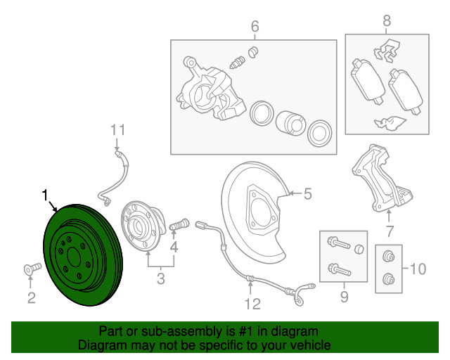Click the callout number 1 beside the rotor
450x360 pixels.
pyautogui.click(x=46, y=194)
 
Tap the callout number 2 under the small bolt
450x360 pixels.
pyautogui.click(x=31, y=298)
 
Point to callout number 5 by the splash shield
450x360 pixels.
pyautogui.click(x=307, y=194)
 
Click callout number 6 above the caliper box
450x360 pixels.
pyautogui.click(x=255, y=27)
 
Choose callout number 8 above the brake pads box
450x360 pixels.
pyautogui.click(x=386, y=21)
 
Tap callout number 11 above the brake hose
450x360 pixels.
pyautogui.click(x=117, y=129)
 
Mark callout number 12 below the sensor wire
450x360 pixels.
pyautogui.click(x=252, y=304)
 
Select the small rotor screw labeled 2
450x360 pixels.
pyautogui.click(x=30, y=268)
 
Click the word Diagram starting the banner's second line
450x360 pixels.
pyautogui.click(x=102, y=346)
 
